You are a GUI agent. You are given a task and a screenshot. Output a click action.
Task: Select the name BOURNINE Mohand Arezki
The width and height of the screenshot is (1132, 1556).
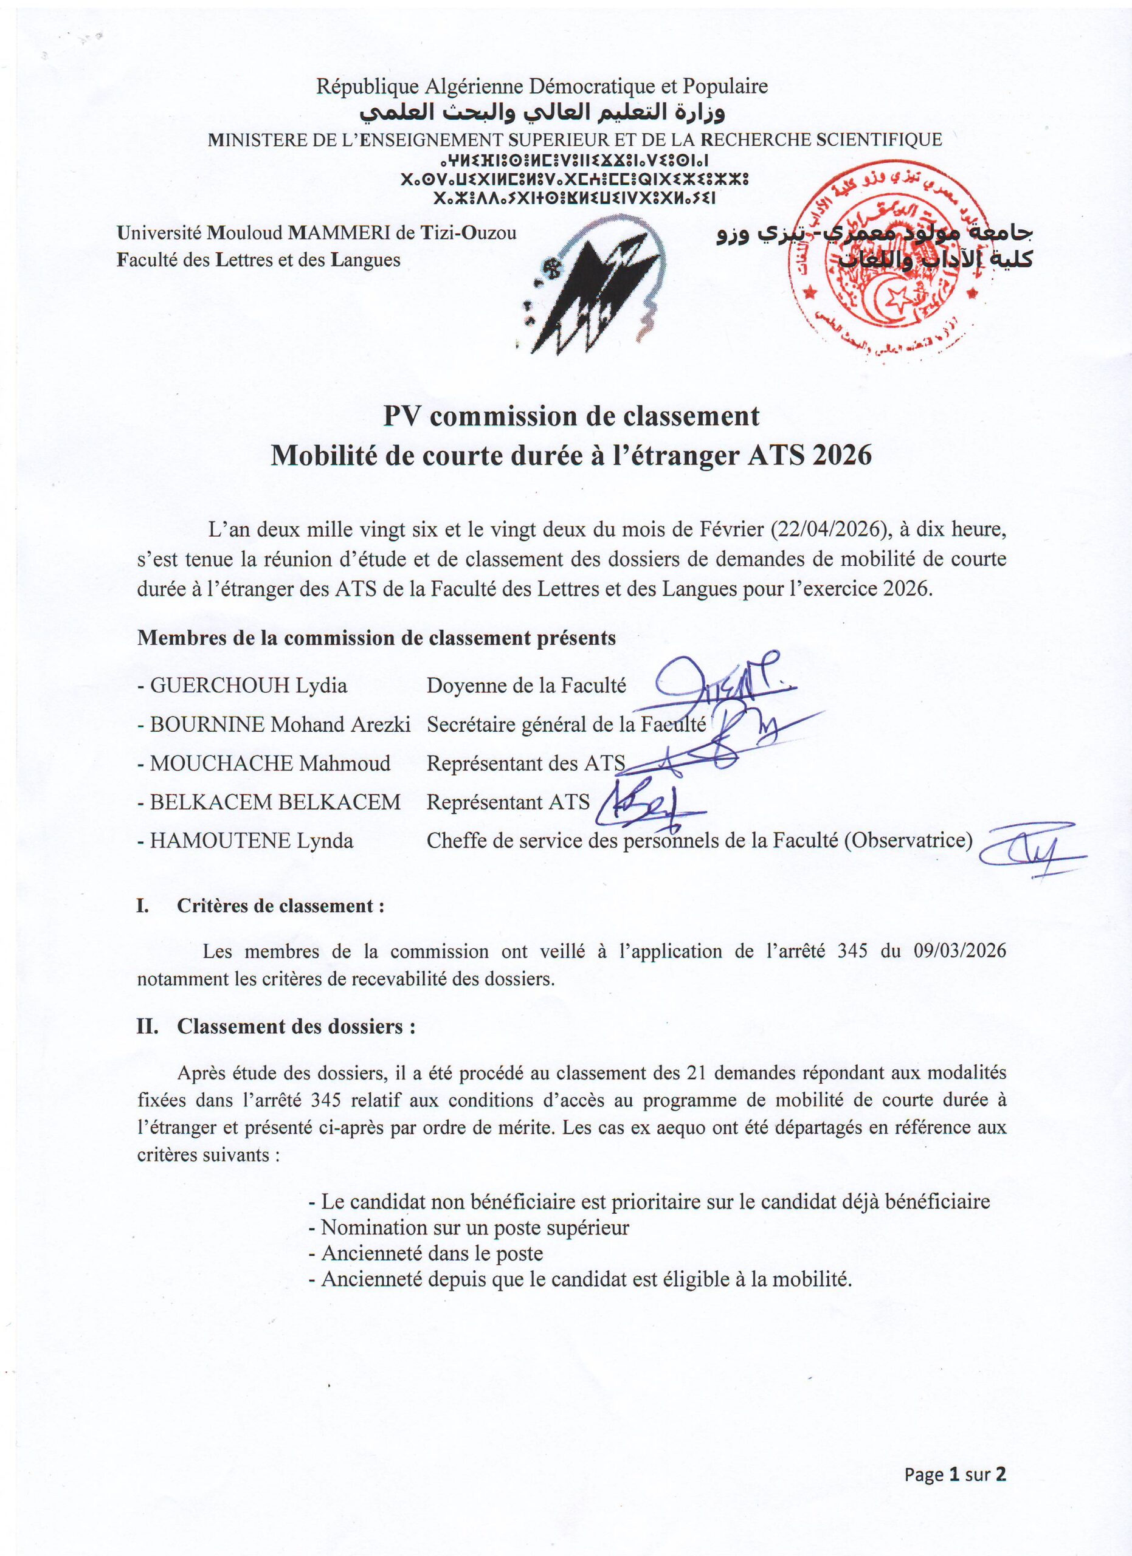[280, 725]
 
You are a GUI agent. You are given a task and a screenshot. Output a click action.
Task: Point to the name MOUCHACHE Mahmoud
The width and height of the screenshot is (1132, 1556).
[271, 763]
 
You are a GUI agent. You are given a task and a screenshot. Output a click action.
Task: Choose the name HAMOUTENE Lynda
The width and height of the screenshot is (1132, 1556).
[251, 841]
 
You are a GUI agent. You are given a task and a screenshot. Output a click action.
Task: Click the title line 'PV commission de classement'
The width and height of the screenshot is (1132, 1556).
[571, 416]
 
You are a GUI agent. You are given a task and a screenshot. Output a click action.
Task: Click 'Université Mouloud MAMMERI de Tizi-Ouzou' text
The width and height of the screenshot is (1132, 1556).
[317, 233]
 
